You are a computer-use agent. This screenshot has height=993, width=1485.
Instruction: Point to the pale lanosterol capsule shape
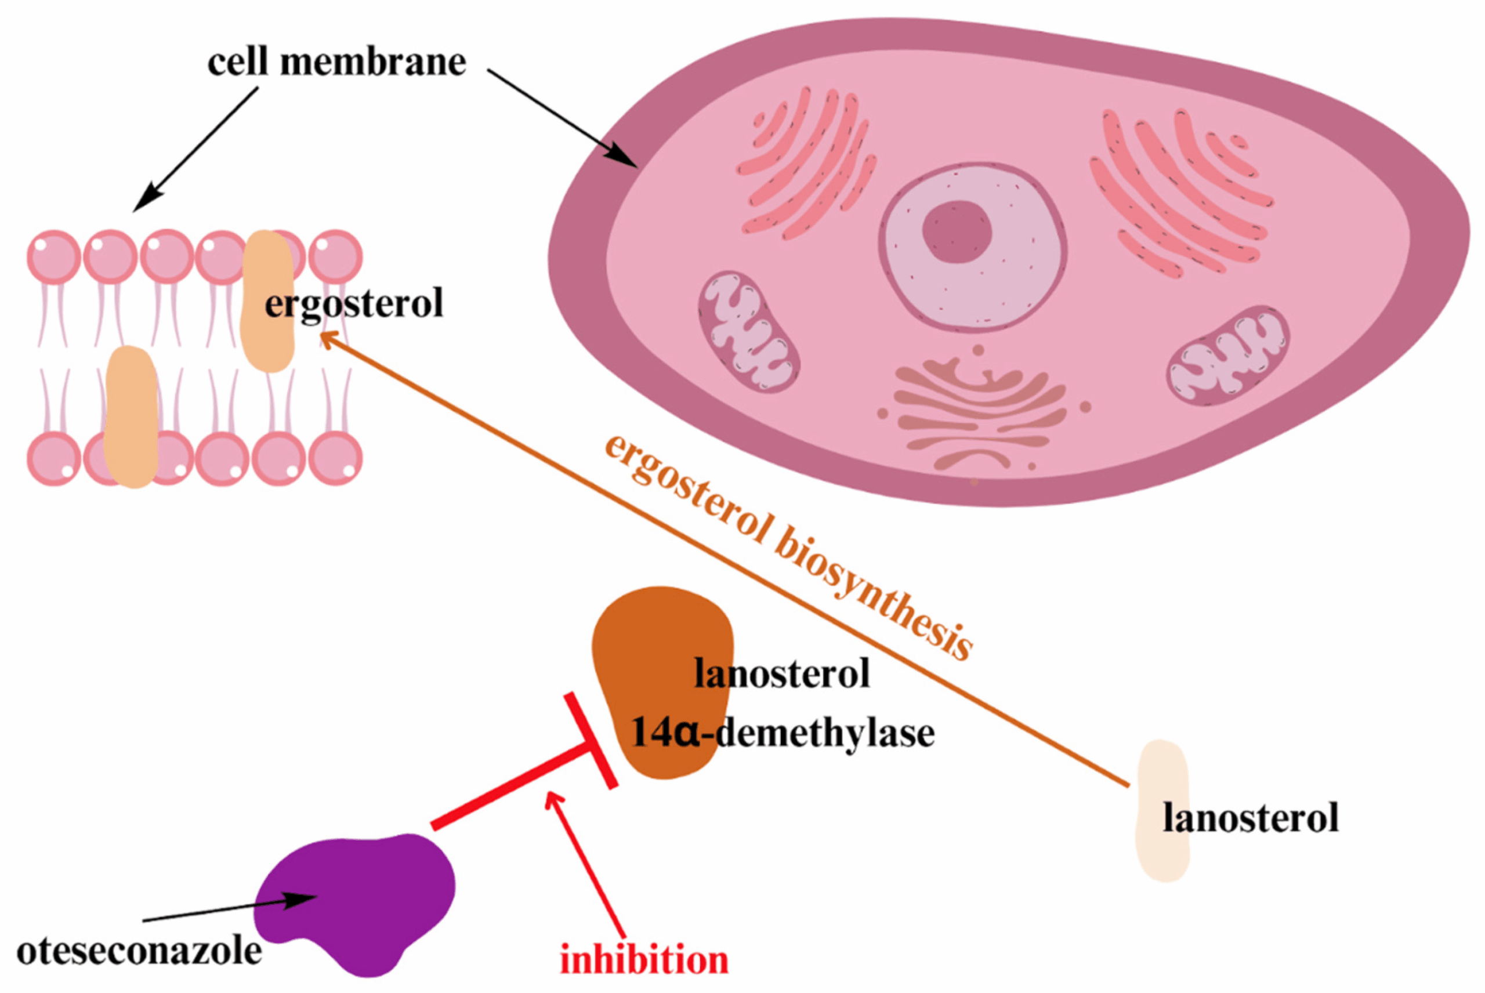tap(1162, 811)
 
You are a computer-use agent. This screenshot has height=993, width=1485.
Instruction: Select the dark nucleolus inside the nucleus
tap(956, 232)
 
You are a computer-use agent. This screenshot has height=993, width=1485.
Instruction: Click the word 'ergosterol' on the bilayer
tap(353, 303)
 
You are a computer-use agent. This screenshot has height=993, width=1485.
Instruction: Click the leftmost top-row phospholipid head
tap(54, 256)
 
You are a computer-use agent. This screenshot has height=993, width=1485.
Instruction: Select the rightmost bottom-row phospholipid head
tap(336, 458)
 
